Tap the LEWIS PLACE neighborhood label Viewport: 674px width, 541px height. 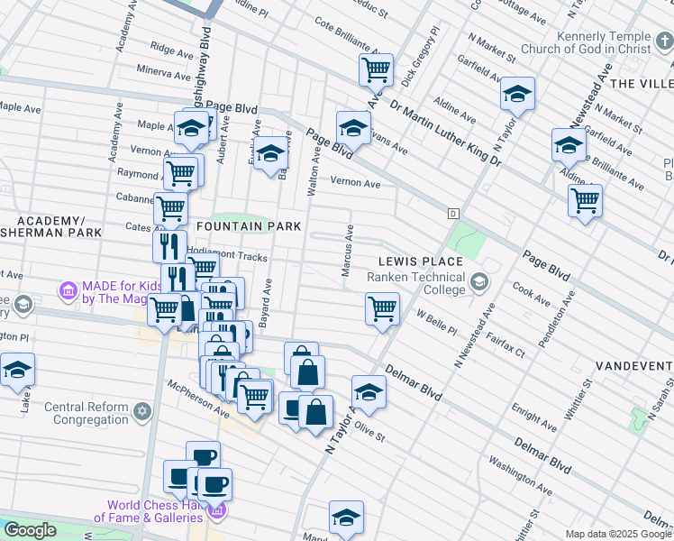pos(420,261)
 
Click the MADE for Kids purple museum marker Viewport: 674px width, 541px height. pos(68,290)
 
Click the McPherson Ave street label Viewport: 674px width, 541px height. pos(196,398)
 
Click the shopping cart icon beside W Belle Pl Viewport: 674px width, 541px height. pos(383,308)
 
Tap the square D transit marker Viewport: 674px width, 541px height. pos(453,214)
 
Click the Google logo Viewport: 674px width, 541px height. pos(30,530)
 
